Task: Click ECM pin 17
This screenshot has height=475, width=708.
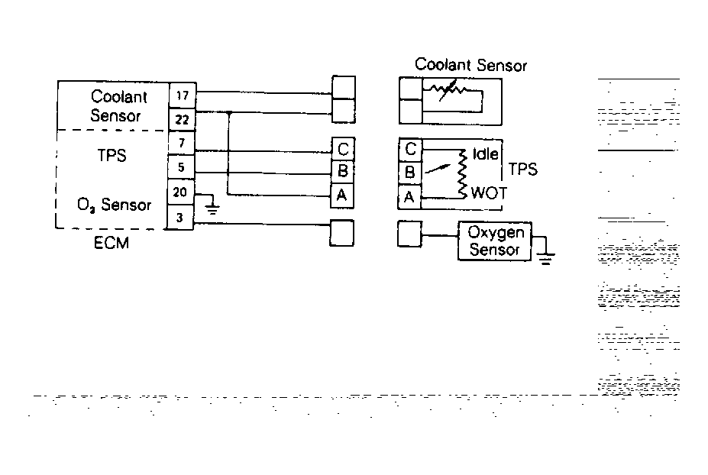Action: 183,95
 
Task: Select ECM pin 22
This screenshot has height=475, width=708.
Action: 182,120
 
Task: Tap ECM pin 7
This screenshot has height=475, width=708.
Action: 182,143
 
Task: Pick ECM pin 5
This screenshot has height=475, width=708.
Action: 181,167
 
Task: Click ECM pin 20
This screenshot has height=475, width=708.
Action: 180,192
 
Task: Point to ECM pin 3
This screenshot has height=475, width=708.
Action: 179,218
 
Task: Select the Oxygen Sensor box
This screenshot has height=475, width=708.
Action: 495,241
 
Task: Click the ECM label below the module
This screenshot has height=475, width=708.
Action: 111,243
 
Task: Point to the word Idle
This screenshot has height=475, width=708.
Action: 486,153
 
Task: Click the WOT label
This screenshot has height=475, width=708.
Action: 489,192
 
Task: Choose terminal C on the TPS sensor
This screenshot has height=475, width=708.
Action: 410,149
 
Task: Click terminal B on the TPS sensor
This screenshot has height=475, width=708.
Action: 409,172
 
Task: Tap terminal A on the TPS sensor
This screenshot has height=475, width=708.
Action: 409,196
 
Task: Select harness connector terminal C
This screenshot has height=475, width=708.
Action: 343,149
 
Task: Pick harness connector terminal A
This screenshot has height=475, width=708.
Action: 342,195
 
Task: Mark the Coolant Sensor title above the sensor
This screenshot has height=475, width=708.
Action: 470,65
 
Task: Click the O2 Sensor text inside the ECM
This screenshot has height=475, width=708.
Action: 114,205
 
